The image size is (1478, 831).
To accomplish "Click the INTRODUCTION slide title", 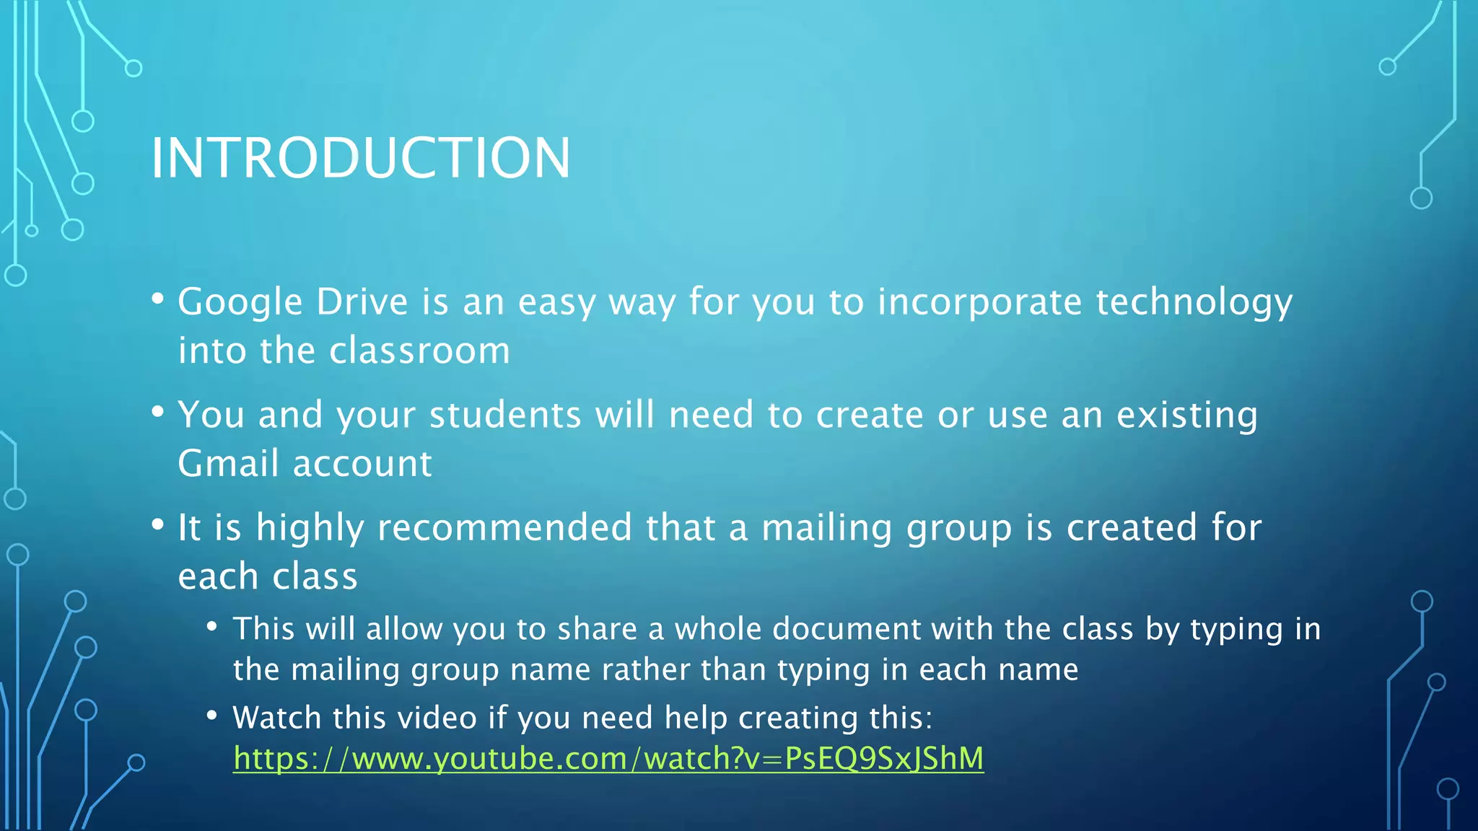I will click(360, 158).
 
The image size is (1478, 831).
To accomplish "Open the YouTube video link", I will click(608, 759).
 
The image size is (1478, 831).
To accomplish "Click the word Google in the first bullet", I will click(240, 302).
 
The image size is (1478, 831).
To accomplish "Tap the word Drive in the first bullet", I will click(362, 302).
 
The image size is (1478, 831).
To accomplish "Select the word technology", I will click(1194, 302).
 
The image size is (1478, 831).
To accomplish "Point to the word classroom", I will click(419, 351).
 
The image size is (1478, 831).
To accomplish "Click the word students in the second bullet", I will click(505, 415).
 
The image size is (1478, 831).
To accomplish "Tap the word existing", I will click(1186, 415).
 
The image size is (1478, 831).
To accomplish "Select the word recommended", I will click(504, 527).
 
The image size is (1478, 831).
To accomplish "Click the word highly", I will click(310, 528).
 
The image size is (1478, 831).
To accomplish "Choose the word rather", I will click(644, 670).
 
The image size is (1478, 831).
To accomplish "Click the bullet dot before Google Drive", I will click(158, 298).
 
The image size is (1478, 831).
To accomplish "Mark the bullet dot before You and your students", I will click(158, 412).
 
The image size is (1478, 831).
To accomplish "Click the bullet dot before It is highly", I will click(158, 524).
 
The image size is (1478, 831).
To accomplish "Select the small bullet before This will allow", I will click(211, 626).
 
